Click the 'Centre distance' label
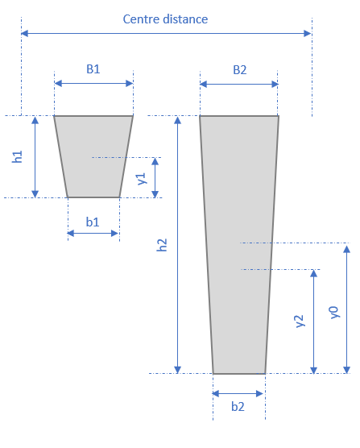[x=164, y=19]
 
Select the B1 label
[x=93, y=69]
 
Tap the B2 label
[x=239, y=69]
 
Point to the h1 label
[x=18, y=156]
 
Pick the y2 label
[x=299, y=321]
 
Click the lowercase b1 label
[x=93, y=221]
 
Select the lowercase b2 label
[x=238, y=407]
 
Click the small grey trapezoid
[x=93, y=156]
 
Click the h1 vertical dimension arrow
[x=35, y=156]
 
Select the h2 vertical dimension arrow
[x=179, y=244]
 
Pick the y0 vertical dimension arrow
[x=348, y=308]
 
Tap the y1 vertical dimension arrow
[x=155, y=177]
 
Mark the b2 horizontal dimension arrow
[x=238, y=393]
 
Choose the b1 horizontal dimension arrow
[x=93, y=234]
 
